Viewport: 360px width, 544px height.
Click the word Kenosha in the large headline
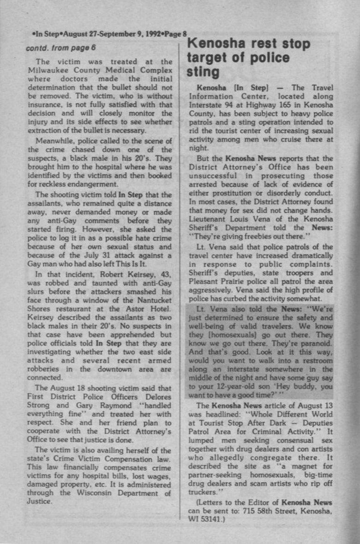[x=218, y=44]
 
